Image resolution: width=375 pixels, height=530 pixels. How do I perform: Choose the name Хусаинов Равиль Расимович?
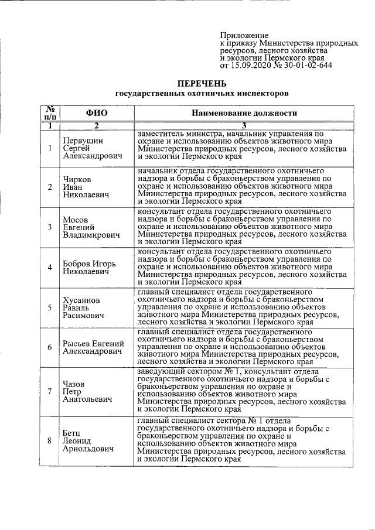[84, 307]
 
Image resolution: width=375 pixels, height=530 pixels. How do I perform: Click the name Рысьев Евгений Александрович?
[93, 347]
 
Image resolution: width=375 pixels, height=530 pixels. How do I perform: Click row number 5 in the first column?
[50, 307]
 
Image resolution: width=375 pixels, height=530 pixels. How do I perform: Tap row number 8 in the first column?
[50, 440]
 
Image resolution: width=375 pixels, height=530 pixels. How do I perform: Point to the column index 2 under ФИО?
[97, 125]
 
